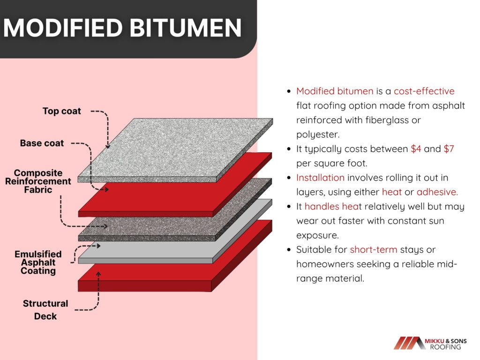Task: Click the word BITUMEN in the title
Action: (x=186, y=28)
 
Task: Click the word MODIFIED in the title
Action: (x=63, y=28)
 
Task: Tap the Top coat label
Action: (x=61, y=111)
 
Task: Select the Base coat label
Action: (x=42, y=143)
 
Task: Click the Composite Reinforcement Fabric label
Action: (x=38, y=181)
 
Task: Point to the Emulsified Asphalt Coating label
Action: (x=38, y=262)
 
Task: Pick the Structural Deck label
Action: (x=45, y=310)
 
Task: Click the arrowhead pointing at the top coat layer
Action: (x=108, y=146)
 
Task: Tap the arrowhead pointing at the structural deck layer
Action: (x=98, y=274)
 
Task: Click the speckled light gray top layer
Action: (x=175, y=150)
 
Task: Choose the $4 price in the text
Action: (x=416, y=149)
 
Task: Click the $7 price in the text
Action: (x=449, y=149)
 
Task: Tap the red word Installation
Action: (x=320, y=178)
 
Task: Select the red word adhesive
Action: (x=437, y=192)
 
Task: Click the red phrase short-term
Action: (x=374, y=249)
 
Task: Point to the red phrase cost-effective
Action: (x=424, y=91)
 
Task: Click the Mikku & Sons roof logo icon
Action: (x=408, y=343)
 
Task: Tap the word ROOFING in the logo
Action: (x=445, y=347)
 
